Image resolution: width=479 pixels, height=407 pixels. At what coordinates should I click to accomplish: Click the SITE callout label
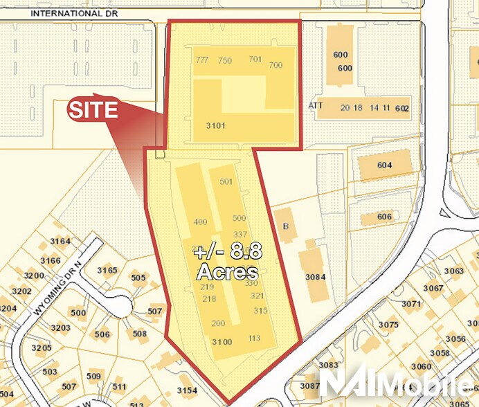(x=92, y=110)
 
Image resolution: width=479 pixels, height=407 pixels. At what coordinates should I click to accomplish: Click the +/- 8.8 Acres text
(x=228, y=261)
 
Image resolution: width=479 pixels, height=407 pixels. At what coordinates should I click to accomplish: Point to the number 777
(x=202, y=60)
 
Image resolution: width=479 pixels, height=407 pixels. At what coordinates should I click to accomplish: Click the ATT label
(x=316, y=106)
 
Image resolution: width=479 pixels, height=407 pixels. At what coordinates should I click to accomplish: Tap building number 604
(x=385, y=165)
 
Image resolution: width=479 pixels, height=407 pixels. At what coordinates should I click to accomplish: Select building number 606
(x=385, y=217)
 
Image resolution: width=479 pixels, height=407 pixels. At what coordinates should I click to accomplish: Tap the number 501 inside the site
(x=226, y=182)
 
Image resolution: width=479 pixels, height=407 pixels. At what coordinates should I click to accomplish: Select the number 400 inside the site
(x=201, y=222)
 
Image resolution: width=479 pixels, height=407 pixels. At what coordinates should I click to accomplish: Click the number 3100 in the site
(x=222, y=342)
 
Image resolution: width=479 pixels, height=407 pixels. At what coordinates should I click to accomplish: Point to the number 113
(x=253, y=338)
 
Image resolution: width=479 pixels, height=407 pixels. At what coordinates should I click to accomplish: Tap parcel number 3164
(x=60, y=242)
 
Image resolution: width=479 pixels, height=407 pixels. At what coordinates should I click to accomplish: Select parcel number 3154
(x=186, y=391)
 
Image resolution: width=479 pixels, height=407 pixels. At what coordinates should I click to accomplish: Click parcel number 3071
(x=410, y=303)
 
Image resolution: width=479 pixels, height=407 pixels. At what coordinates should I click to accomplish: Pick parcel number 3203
(x=61, y=327)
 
